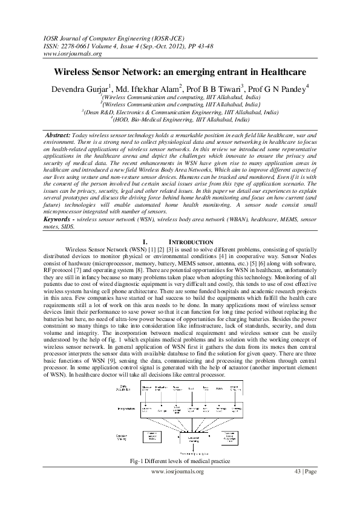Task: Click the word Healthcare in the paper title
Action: pos(276,71)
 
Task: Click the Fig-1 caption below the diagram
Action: pos(179,461)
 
